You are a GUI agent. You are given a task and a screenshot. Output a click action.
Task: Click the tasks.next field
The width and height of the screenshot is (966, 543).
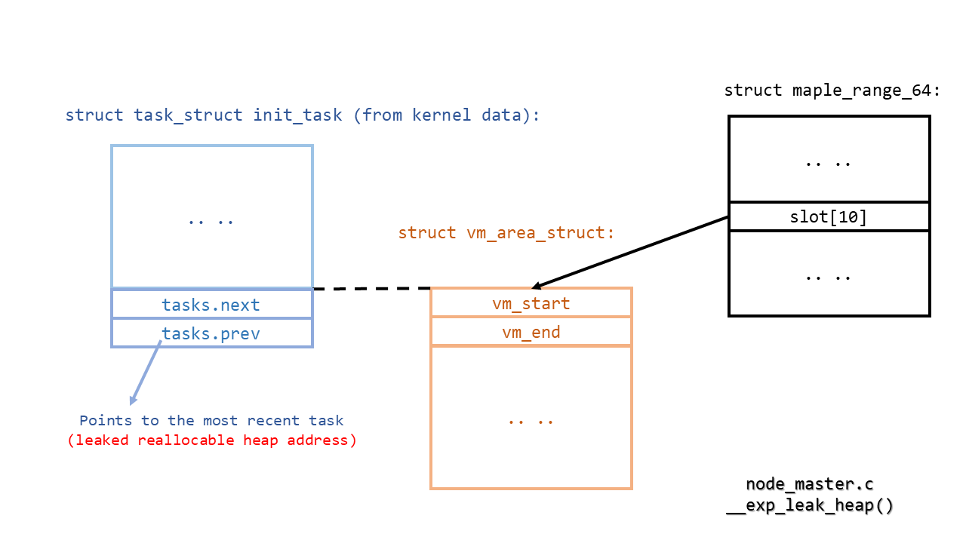(x=211, y=305)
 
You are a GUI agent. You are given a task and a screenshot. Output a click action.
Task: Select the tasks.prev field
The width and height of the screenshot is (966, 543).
(x=211, y=333)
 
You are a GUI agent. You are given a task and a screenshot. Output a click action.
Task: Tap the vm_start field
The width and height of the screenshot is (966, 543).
(x=531, y=303)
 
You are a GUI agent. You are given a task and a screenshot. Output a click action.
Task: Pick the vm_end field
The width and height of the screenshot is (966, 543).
(x=531, y=332)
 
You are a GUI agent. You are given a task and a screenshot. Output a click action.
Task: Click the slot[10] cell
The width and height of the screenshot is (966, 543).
(x=828, y=217)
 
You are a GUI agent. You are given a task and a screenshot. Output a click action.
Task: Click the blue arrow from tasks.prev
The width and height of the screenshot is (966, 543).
(x=146, y=373)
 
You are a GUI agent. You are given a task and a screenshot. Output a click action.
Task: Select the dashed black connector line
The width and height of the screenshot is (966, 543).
(x=371, y=288)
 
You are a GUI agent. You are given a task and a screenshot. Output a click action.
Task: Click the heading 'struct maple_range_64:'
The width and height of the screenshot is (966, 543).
(x=832, y=90)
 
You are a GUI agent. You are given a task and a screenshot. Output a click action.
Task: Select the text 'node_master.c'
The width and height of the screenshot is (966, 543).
(x=809, y=484)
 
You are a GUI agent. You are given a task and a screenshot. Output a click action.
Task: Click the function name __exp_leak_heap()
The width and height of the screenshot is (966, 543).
(x=809, y=506)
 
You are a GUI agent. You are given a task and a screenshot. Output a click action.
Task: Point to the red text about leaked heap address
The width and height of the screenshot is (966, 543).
(x=212, y=440)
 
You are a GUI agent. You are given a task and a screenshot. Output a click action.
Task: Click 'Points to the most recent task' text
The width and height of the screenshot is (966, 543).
(x=211, y=421)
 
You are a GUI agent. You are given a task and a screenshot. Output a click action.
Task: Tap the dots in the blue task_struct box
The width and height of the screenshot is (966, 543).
(x=211, y=221)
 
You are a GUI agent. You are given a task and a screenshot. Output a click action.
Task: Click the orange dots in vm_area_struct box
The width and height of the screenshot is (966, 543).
(x=531, y=421)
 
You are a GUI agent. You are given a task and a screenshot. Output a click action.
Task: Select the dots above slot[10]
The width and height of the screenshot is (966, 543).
(x=828, y=162)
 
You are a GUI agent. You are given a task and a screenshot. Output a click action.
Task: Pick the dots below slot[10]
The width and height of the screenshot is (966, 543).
(x=828, y=277)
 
